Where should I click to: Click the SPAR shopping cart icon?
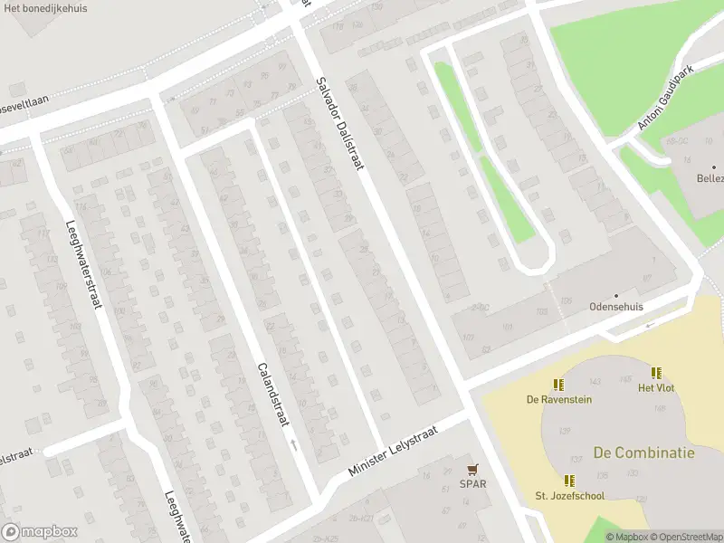(x=472, y=469)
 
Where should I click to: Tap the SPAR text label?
(x=472, y=483)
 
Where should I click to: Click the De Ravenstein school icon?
(x=558, y=385)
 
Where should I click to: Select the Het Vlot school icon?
(x=656, y=373)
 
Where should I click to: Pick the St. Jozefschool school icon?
(x=569, y=481)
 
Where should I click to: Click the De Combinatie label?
(x=643, y=452)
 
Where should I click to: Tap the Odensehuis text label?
(x=615, y=307)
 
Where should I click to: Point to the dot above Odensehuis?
(x=615, y=295)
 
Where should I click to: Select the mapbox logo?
(x=39, y=532)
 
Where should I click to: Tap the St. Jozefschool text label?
(x=569, y=496)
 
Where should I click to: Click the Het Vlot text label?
(x=656, y=388)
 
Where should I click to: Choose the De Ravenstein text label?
(x=558, y=399)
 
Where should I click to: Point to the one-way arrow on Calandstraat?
(x=294, y=444)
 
